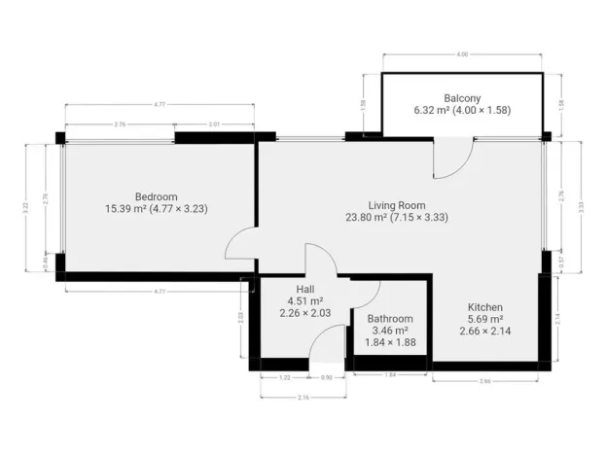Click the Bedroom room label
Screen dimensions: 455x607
point(156,195)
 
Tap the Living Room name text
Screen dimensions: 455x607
point(397,205)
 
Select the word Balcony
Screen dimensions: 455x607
point(463,98)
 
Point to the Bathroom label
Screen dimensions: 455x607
point(390,319)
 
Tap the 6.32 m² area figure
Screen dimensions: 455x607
point(432,111)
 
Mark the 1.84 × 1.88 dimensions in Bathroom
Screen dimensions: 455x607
point(390,343)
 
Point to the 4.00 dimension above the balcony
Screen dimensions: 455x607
point(463,54)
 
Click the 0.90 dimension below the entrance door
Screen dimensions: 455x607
point(326,376)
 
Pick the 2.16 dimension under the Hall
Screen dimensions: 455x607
point(303,398)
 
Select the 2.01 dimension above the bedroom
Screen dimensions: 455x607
point(215,124)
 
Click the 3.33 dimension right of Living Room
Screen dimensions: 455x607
point(581,206)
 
